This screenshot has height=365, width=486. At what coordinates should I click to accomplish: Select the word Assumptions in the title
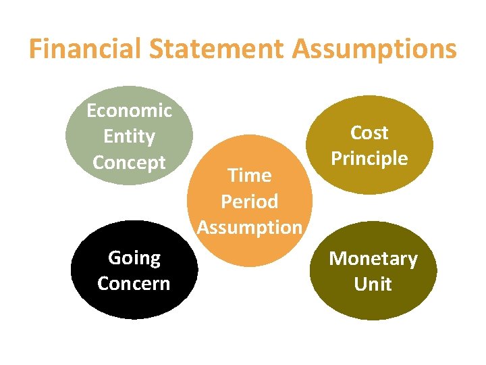[x=375, y=49]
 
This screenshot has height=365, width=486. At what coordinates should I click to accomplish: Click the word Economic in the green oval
[x=129, y=110]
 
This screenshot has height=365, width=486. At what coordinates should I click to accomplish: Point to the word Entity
[x=129, y=137]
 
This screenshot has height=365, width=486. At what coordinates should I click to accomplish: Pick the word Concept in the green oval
[x=129, y=163]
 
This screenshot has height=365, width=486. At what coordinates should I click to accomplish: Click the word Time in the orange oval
[x=249, y=175]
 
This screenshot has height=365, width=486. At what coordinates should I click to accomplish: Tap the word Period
[x=249, y=201]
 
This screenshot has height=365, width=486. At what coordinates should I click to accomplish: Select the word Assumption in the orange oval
[x=249, y=227]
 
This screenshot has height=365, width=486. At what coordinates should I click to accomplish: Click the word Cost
[x=369, y=132]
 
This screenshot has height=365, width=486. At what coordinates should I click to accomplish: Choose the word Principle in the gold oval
[x=369, y=159]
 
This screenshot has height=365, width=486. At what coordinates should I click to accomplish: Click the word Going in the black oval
[x=134, y=258]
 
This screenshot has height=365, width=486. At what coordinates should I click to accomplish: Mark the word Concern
[x=134, y=283]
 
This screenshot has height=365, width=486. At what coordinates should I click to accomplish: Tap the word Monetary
[x=373, y=259]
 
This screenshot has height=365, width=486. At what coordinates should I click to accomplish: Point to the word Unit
[x=373, y=284]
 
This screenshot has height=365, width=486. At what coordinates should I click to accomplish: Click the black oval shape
[x=134, y=304]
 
